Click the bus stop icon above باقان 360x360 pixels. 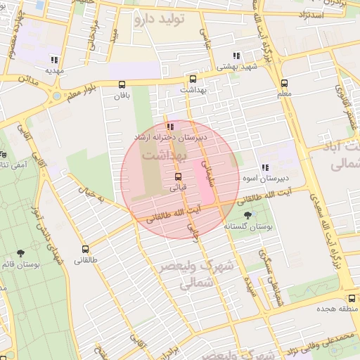[x=123, y=84]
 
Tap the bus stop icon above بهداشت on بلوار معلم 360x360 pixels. [x=193, y=79]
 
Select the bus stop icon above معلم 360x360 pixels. [x=284, y=82]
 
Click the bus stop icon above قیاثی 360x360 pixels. [x=177, y=176]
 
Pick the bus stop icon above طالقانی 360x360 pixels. [x=86, y=249]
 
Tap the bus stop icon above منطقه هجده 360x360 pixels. [x=351, y=297]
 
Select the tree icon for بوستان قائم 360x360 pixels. [x=20, y=252]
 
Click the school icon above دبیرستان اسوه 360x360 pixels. [x=265, y=167]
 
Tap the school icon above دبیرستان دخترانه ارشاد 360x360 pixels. [x=171, y=127]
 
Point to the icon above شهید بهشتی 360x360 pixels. [x=237, y=56]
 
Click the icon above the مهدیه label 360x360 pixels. [x=55, y=60]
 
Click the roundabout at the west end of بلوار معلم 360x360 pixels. [x=56, y=96]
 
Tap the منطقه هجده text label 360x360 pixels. [x=342, y=309]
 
